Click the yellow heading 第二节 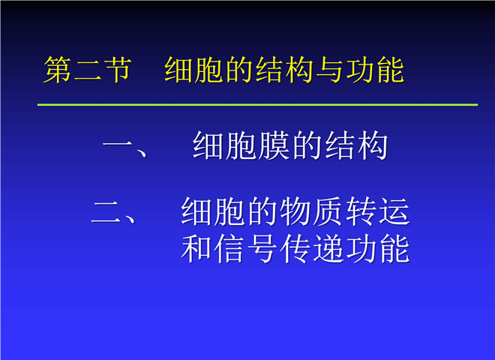pyautogui.click(x=88, y=70)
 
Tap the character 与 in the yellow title pyautogui.click(x=330, y=70)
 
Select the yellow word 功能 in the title pyautogui.click(x=375, y=70)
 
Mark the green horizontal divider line pyautogui.click(x=257, y=104)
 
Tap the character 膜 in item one pyautogui.click(x=274, y=145)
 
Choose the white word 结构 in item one pyautogui.click(x=355, y=145)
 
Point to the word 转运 pyautogui.click(x=377, y=211)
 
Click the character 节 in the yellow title pyautogui.click(x=118, y=70)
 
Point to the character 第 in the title pyautogui.click(x=58, y=70)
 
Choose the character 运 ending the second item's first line pyautogui.click(x=394, y=211)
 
